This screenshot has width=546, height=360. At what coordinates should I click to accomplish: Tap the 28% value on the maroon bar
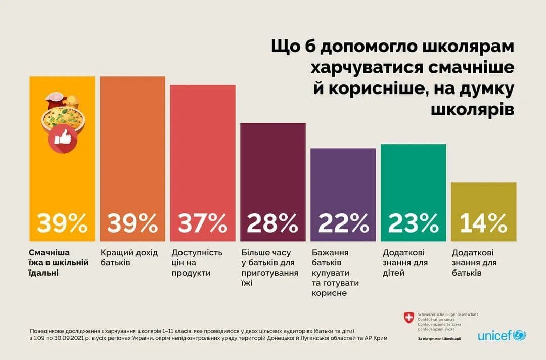click(x=272, y=223)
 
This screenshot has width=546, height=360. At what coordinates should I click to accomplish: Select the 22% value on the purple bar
click(x=343, y=223)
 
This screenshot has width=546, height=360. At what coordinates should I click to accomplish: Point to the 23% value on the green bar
click(x=413, y=223)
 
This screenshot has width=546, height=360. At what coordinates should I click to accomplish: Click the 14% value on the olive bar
click(x=483, y=223)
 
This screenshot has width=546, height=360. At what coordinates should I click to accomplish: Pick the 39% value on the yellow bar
click(x=62, y=223)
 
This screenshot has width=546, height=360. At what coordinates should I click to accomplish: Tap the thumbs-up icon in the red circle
click(x=62, y=138)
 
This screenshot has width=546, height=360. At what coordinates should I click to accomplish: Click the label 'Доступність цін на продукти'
click(x=197, y=262)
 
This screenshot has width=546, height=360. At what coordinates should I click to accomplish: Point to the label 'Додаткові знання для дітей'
click(x=405, y=262)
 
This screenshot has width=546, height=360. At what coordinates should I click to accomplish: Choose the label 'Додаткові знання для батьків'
click(x=474, y=262)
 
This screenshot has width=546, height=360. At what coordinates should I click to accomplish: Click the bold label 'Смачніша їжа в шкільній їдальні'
click(x=59, y=262)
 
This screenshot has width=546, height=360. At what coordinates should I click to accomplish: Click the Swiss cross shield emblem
click(x=408, y=318)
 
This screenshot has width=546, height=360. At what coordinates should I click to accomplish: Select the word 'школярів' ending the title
click(x=472, y=109)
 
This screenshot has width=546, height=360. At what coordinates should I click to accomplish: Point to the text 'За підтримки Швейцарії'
click(x=439, y=338)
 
